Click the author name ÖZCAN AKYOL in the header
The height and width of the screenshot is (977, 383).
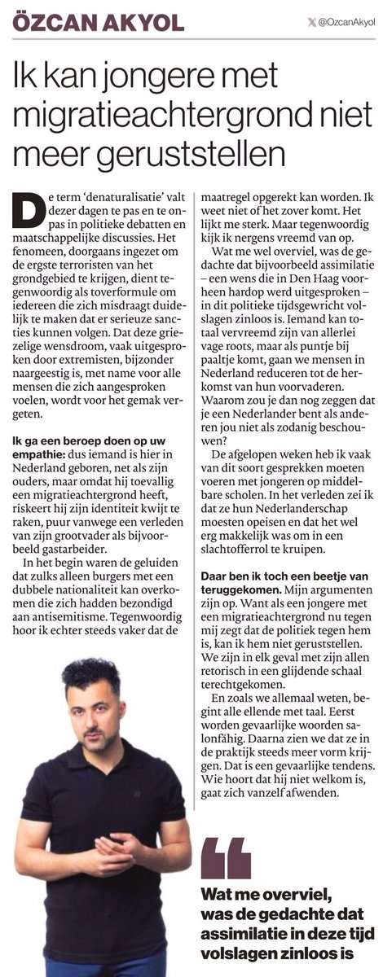pyautogui.click(x=98, y=21)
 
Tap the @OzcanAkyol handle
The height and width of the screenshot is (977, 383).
pyautogui.click(x=345, y=22)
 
